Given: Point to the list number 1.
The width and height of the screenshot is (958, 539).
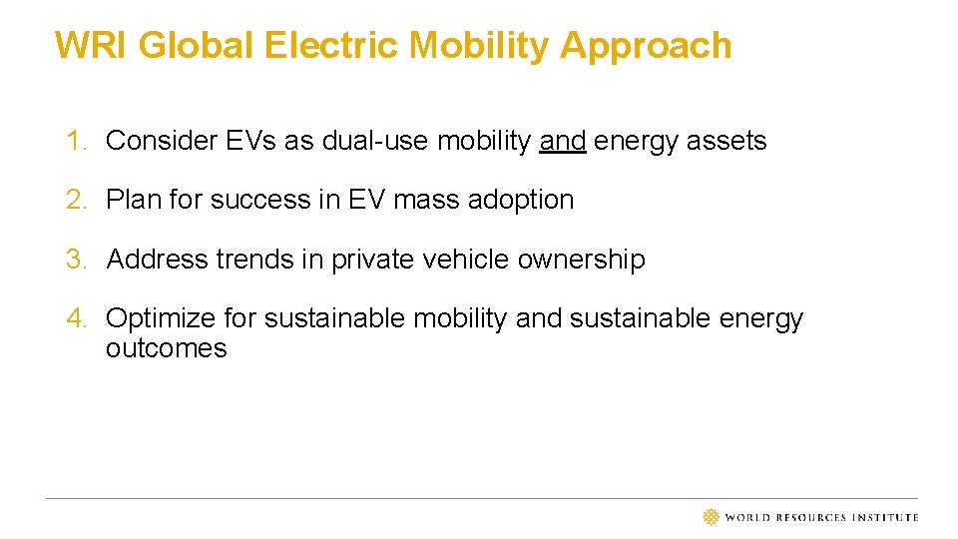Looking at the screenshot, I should click(x=76, y=141).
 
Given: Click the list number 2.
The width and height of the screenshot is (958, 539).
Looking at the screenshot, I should click(x=76, y=200).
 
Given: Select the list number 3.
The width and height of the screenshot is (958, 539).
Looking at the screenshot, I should click(x=76, y=260).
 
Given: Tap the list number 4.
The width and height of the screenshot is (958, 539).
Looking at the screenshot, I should click(x=76, y=318).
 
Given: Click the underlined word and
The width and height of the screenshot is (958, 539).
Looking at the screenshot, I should click(x=562, y=141).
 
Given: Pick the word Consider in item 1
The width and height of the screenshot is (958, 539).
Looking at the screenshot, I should click(x=161, y=141).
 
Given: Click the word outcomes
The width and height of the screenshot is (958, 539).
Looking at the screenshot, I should click(x=166, y=348).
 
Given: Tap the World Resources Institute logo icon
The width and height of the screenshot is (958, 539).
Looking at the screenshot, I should click(x=711, y=517).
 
